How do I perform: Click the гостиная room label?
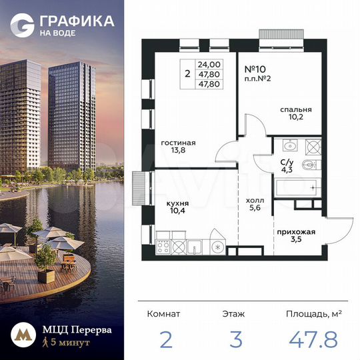pyautogui.click(x=178, y=143)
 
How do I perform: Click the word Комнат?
pyautogui.click(x=163, y=312)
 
